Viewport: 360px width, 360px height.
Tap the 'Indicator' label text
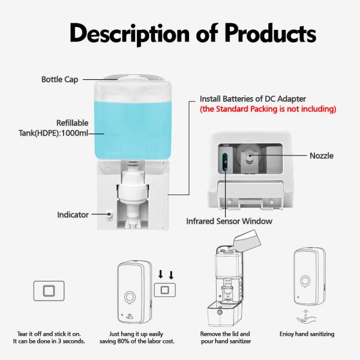(x=73, y=214)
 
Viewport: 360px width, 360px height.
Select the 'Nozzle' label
(x=322, y=156)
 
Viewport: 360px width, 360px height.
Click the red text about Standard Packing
(x=268, y=109)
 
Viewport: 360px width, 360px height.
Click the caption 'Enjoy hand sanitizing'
(x=307, y=334)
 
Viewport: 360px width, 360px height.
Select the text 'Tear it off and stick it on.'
(x=49, y=334)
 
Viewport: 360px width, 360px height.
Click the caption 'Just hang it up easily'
(x=142, y=334)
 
